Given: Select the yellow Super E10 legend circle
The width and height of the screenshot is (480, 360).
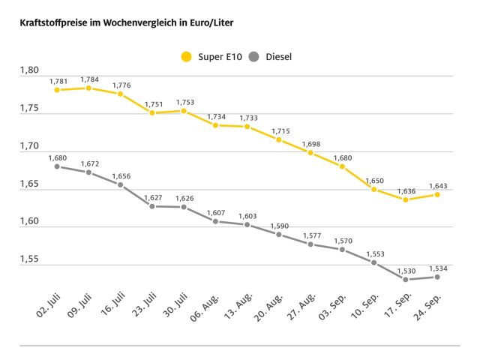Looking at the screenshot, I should (x=186, y=56).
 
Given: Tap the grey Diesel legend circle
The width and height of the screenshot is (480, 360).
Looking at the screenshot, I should (x=254, y=56).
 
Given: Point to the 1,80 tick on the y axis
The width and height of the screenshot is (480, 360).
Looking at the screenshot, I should (x=28, y=70).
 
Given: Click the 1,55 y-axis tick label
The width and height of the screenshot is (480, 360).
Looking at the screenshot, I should (x=28, y=259).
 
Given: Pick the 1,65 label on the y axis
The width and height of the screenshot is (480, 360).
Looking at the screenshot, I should (x=28, y=184).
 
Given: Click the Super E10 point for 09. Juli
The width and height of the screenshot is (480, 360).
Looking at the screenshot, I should (x=88, y=88).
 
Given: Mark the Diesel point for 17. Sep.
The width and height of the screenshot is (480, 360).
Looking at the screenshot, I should (x=406, y=280).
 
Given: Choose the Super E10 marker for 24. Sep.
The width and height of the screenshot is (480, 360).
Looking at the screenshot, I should (x=437, y=194).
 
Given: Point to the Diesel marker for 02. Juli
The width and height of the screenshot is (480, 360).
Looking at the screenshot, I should (x=57, y=166).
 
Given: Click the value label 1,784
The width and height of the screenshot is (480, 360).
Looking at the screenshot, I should (x=89, y=79).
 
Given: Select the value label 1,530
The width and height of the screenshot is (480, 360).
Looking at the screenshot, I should (x=406, y=271).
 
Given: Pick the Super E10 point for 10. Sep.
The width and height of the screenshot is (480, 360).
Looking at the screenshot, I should (x=373, y=189).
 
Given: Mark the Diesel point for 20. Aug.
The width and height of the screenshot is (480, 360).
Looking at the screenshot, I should (x=278, y=234).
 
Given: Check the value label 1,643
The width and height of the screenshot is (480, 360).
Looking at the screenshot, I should (x=437, y=185).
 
